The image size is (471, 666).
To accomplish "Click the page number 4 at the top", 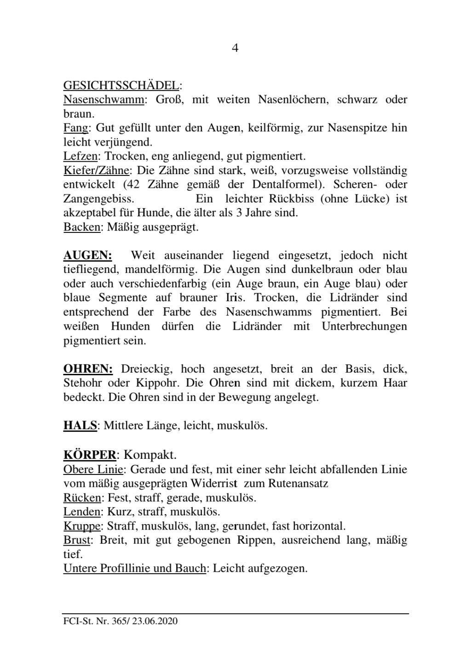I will (235, 48).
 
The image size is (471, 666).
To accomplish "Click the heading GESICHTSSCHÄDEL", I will (121, 85).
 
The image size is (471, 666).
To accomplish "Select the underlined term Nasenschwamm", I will (103, 99).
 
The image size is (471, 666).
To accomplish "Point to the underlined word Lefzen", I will (80, 156).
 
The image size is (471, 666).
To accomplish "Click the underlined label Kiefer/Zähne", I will (96, 170).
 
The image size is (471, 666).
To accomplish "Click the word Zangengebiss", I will (98, 199).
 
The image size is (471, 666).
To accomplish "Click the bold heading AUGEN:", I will (87, 255).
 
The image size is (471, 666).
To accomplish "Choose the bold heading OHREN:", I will (88, 369).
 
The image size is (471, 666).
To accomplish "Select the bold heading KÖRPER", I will (89, 455).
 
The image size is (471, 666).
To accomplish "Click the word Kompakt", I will (150, 455).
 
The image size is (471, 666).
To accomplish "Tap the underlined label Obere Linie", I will (93, 469).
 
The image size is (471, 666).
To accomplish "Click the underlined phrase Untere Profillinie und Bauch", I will (134, 568).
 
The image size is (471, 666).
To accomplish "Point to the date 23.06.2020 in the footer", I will (155, 621).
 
